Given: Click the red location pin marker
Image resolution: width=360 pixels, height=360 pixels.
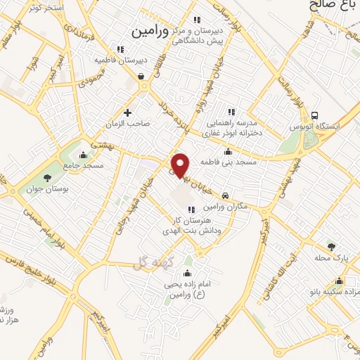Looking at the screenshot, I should click(181, 165).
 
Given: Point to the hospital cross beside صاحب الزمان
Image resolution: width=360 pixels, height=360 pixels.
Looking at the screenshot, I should click(127, 112).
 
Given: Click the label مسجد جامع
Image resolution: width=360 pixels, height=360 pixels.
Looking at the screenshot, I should click(83, 166).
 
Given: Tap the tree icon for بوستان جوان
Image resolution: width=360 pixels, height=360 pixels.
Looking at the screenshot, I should click(47, 178).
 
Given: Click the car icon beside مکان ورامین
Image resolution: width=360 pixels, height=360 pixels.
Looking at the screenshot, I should click(224, 196).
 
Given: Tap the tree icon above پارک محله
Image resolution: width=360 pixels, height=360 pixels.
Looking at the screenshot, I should click(332, 246).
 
